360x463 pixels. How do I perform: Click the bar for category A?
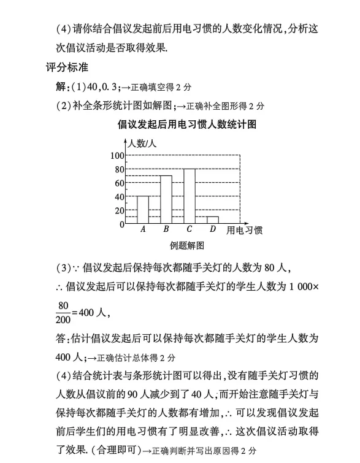[x=142, y=210]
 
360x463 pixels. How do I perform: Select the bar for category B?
[x=166, y=199]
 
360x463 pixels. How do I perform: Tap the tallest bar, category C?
[x=190, y=196]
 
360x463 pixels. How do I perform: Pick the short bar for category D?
[x=213, y=220]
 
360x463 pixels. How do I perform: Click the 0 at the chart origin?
[x=121, y=224]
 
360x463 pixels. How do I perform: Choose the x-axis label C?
[x=190, y=230]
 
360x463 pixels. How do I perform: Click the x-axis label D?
[x=213, y=230]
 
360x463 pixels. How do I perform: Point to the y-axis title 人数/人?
[x=142, y=144]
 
